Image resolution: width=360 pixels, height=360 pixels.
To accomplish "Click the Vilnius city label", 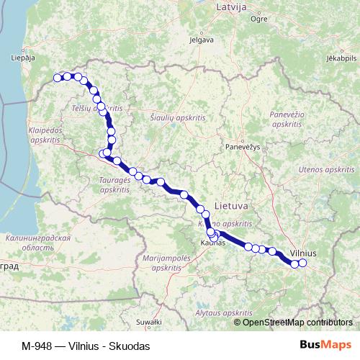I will point(302,253).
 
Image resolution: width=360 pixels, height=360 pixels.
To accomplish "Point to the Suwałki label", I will point(150,321).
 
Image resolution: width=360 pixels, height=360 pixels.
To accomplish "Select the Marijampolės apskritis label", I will point(166,261).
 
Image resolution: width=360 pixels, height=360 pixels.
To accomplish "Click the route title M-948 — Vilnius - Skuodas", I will point(86,346).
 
